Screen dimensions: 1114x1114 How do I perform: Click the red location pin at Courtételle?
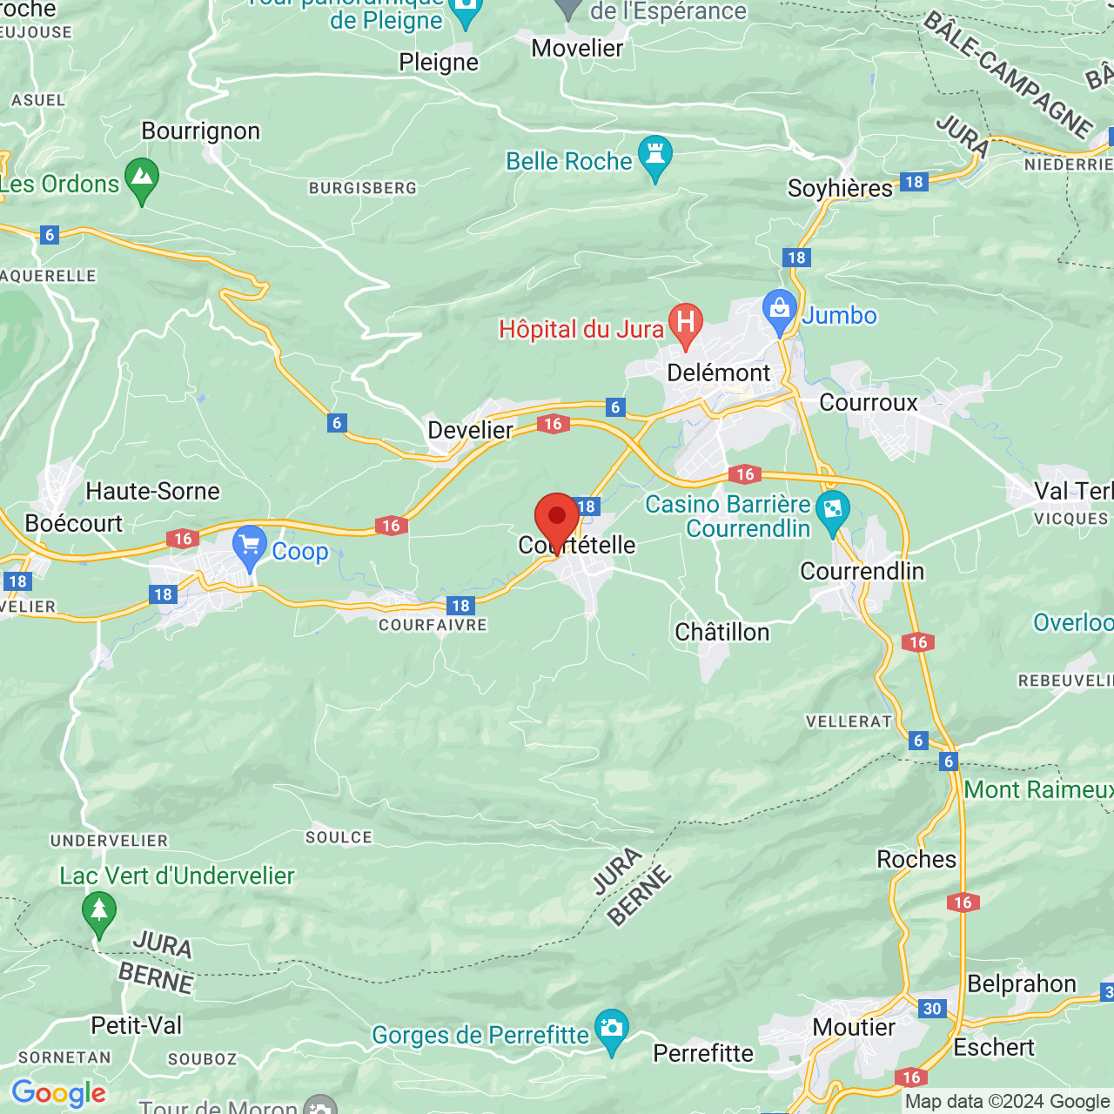pyautogui.click(x=556, y=518)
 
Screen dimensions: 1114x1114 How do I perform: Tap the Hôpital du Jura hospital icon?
pyautogui.click(x=685, y=323)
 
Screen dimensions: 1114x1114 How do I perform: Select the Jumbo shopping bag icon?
pyautogui.click(x=779, y=311)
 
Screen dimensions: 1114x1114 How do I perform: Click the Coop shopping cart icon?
pyautogui.click(x=250, y=547)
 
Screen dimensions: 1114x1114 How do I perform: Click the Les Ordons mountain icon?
pyautogui.click(x=142, y=178)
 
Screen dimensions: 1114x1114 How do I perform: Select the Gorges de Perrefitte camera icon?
pyautogui.click(x=612, y=1030)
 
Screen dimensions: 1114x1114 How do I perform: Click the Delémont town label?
pyautogui.click(x=718, y=372)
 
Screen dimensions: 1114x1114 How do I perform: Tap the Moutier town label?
pyautogui.click(x=854, y=1027)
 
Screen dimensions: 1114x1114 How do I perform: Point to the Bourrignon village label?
pyautogui.click(x=201, y=131)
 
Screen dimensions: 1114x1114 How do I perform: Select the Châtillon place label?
pyautogui.click(x=722, y=632)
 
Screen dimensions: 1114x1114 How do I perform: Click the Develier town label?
pyautogui.click(x=470, y=430)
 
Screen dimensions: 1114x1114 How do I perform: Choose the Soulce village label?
pyautogui.click(x=339, y=837)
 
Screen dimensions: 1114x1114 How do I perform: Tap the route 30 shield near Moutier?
pyautogui.click(x=932, y=1009)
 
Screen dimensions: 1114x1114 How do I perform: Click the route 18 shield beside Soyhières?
pyautogui.click(x=913, y=182)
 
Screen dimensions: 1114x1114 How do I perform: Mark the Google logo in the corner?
pyautogui.click(x=58, y=1093)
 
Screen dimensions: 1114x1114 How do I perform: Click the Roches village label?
pyautogui.click(x=916, y=860)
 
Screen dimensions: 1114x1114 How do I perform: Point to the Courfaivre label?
pyautogui.click(x=433, y=625)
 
